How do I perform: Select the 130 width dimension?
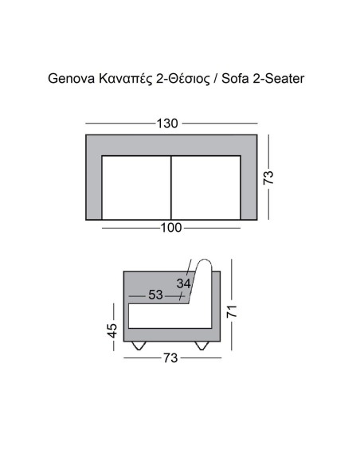[168, 123]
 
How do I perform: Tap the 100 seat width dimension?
[171, 228]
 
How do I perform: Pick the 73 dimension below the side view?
[169, 358]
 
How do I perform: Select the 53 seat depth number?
[155, 295]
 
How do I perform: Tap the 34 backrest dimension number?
[184, 283]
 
